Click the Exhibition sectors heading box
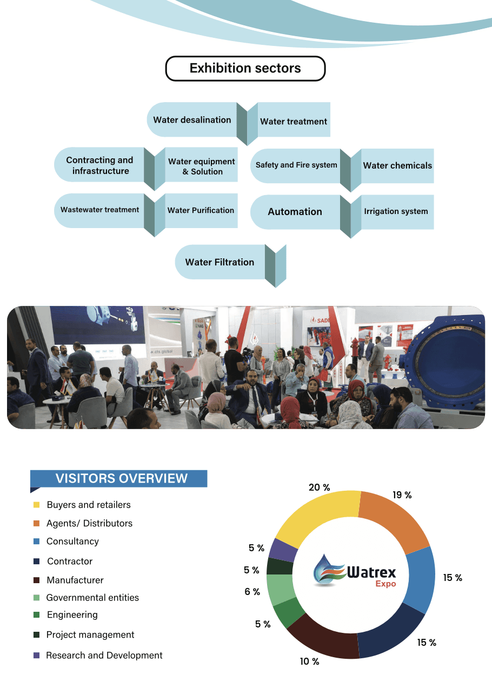point(245,69)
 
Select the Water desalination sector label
point(192,120)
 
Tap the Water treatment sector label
point(294,122)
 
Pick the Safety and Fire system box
point(296,165)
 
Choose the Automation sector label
point(295,212)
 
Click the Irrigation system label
point(396,211)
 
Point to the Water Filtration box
point(220,262)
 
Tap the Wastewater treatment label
point(99,210)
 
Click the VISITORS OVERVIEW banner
point(121,478)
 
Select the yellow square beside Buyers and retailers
point(36,505)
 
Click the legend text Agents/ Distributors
point(89,523)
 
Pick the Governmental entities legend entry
point(92,597)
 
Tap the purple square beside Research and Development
point(36,655)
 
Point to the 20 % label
point(319,487)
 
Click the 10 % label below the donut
point(309,661)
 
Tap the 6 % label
point(252,592)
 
